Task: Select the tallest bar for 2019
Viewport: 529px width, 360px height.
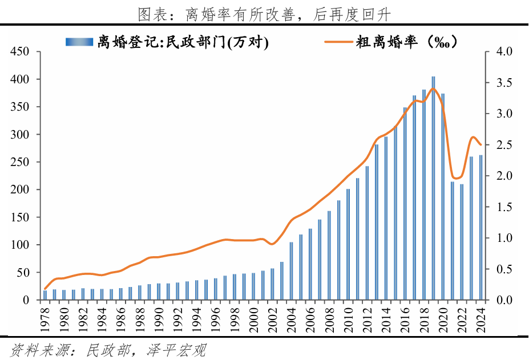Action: [433, 188]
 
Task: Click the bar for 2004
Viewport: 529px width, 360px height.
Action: [292, 271]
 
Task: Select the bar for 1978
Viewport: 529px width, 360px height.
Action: [45, 295]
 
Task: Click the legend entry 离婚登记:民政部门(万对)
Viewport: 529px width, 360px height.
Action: [182, 42]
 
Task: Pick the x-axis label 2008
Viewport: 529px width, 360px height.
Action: [329, 317]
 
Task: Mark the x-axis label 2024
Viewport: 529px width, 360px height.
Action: [480, 317]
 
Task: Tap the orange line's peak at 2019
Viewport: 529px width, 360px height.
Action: [434, 88]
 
